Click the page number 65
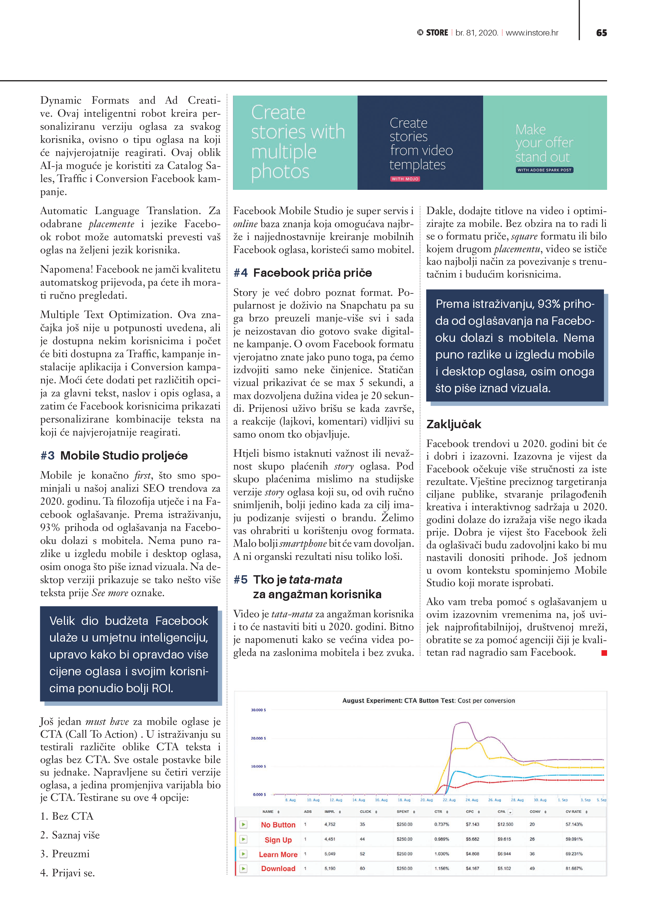click(601, 33)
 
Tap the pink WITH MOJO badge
click(405, 179)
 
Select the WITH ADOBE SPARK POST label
click(544, 170)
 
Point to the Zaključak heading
click(454, 424)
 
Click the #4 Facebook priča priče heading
click(303, 273)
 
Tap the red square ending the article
click(604, 653)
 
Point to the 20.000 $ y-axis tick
click(258, 738)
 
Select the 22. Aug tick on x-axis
click(449, 800)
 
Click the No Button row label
click(278, 825)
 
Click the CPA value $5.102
click(504, 868)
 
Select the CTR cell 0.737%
click(441, 824)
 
